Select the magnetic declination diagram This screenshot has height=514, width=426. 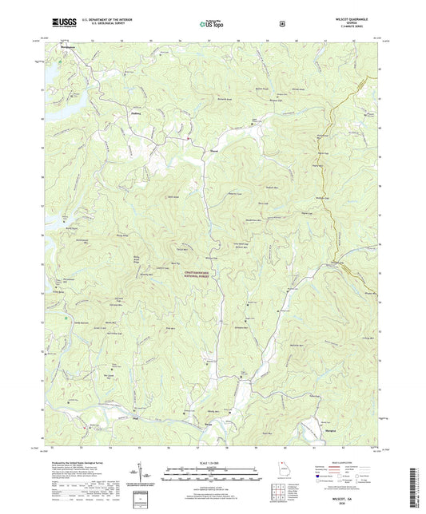pyautogui.click(x=145, y=474)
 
